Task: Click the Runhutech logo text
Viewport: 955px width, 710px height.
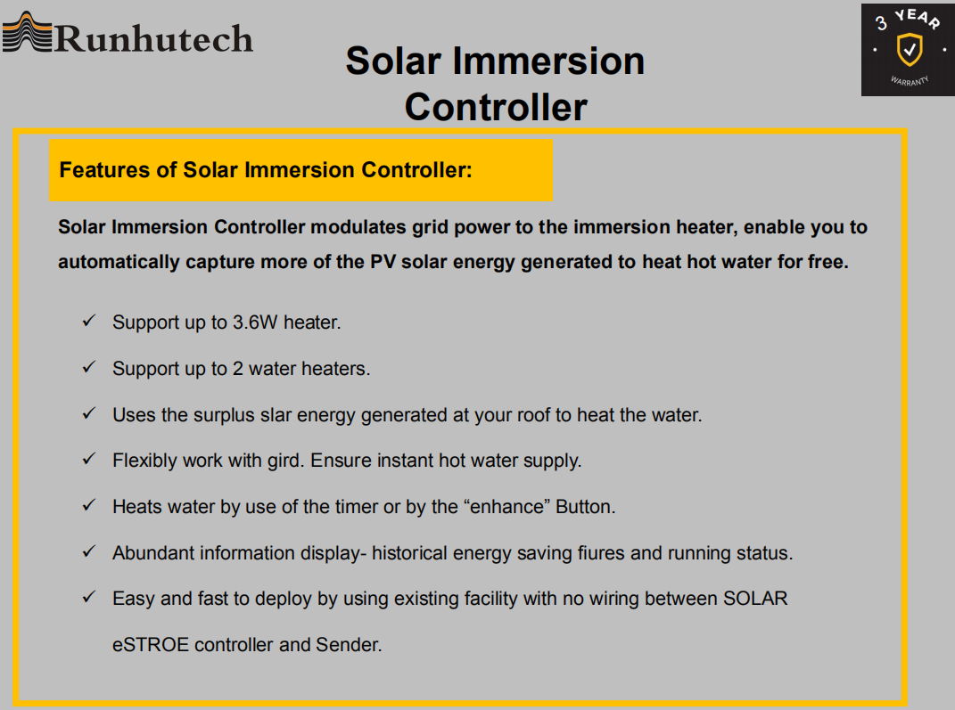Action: click(154, 38)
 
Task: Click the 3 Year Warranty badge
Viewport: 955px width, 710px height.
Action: click(907, 50)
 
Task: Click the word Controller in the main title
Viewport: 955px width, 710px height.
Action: click(496, 107)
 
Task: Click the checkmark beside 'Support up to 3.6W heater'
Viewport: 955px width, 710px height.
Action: click(88, 321)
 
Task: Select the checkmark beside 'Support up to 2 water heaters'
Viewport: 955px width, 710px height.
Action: click(88, 367)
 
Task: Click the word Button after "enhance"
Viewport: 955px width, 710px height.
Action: click(585, 507)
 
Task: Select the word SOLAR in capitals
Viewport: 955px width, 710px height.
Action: click(753, 599)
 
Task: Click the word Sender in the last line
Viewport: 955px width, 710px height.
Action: click(348, 645)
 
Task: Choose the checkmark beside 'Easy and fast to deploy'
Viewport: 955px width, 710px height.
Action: click(88, 597)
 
